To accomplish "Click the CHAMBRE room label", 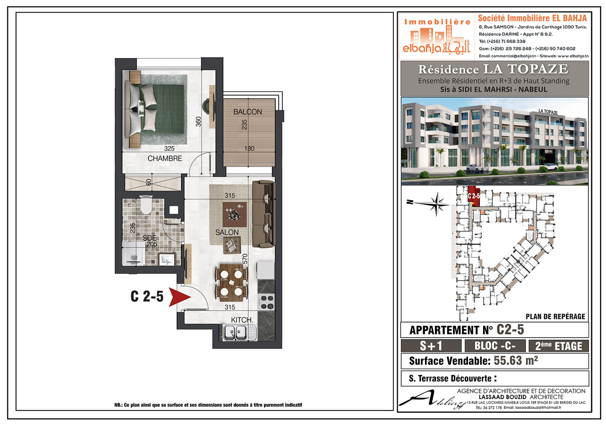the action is click(165, 159).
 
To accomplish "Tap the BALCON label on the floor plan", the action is click(248, 112).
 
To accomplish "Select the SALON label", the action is click(227, 232).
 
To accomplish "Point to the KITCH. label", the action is click(242, 320).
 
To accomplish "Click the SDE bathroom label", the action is click(150, 238).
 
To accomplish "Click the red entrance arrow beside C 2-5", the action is click(179, 297).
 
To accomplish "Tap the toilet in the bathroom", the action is click(146, 205).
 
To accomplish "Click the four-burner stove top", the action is click(267, 302).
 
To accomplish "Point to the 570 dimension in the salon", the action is click(245, 259).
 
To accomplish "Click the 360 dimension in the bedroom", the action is click(199, 122).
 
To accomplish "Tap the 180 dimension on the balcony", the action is click(249, 148).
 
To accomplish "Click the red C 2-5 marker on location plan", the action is click(474, 195).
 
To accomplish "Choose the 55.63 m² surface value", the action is click(516, 361).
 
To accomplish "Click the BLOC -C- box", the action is click(495, 346).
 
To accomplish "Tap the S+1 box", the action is click(431, 346).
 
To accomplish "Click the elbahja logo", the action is click(437, 36).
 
